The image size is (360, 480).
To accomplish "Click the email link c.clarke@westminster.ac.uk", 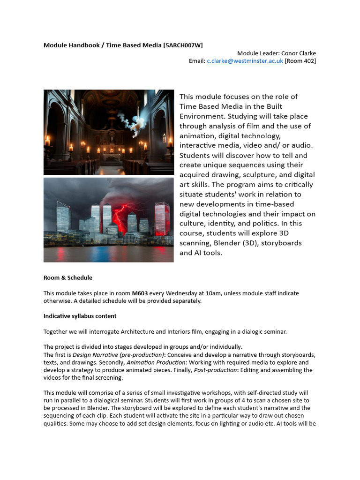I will (245, 61).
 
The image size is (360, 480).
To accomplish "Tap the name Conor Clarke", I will (299, 53).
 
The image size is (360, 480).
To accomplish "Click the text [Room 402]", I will (300, 61).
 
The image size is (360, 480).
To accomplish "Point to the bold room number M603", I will (140, 293).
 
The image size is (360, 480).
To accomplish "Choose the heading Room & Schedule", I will (68, 277).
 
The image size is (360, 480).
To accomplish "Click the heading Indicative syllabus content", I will (80, 316).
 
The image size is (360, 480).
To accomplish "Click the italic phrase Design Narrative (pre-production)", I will (119, 355).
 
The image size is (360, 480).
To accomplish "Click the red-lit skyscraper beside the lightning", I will (161, 218).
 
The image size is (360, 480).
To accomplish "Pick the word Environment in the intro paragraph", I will (203, 116).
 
